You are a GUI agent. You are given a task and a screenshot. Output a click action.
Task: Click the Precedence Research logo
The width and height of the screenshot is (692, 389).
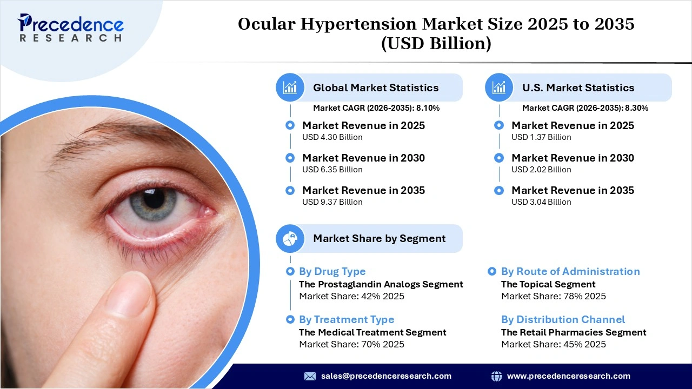click(x=71, y=28)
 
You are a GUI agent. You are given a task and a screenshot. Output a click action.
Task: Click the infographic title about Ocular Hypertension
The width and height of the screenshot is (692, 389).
click(x=436, y=33)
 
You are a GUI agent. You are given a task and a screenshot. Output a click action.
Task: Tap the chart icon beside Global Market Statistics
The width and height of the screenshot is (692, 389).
click(x=290, y=88)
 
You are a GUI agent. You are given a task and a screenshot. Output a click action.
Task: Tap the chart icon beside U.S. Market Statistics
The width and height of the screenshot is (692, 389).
click(x=499, y=88)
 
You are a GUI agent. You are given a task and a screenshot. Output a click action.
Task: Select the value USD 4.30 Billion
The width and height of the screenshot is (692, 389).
click(x=332, y=137)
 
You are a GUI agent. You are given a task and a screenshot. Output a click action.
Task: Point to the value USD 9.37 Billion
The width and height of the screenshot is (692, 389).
click(x=332, y=202)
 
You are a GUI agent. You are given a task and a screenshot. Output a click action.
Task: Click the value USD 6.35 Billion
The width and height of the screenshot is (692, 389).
click(x=332, y=170)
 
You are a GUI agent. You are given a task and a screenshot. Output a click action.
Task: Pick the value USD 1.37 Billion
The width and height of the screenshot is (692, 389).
click(x=541, y=137)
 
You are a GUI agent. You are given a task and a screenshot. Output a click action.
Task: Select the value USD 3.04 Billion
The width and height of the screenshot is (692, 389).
click(x=541, y=202)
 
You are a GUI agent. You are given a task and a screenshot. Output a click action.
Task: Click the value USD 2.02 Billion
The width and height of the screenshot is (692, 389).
click(x=541, y=170)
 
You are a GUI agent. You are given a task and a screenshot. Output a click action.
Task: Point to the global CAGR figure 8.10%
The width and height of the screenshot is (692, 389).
click(x=428, y=108)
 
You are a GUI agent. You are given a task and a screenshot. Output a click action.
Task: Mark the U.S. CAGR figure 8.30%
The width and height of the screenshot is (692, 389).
click(x=636, y=108)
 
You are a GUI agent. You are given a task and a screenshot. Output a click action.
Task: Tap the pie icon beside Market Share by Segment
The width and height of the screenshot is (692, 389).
click(x=290, y=238)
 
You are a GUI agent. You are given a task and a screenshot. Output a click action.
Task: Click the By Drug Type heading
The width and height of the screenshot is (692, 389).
click(x=332, y=272)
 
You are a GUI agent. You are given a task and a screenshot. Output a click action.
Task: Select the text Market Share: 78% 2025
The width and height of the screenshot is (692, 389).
click(x=553, y=296)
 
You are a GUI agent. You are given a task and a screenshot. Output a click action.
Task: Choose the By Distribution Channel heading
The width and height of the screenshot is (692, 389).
click(x=563, y=320)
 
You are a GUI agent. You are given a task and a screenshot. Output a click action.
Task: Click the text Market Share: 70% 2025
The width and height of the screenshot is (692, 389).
click(x=351, y=344)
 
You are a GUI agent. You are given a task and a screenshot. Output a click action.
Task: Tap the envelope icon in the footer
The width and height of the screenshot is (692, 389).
click(x=310, y=376)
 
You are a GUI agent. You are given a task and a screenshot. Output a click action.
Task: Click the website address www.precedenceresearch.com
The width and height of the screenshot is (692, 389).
click(x=568, y=376)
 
